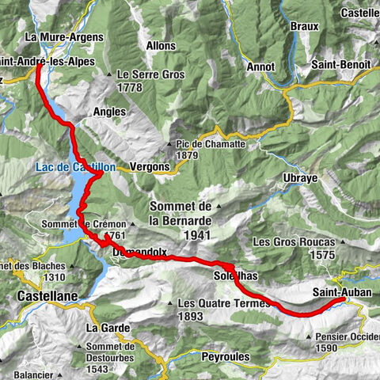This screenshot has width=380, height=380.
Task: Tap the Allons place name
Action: coord(161,46)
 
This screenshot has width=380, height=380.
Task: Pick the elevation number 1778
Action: coord(134,87)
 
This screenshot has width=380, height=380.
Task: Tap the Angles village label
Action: coord(109,112)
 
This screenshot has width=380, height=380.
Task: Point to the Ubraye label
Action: coord(300,178)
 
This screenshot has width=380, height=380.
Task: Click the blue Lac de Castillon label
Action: coord(75,167)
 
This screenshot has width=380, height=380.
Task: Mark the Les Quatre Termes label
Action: coord(215,302)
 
